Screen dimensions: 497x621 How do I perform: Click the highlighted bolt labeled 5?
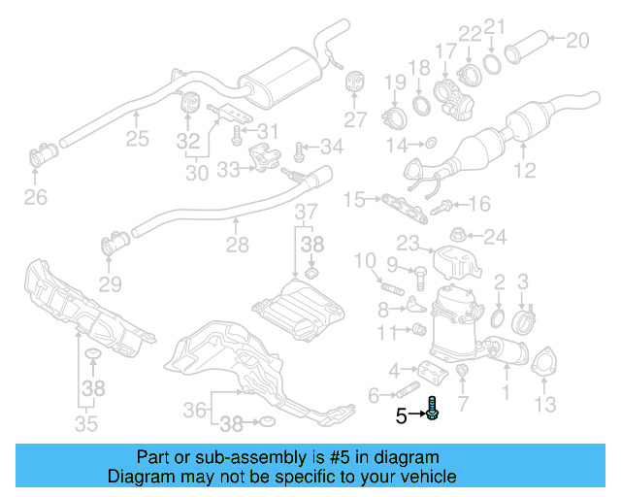pos(432,411)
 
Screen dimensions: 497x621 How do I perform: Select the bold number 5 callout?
pos(401,417)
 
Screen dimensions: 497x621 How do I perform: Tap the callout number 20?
pos(576,41)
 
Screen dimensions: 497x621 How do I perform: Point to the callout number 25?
pos(137,139)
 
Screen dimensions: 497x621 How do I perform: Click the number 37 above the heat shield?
pos(306,212)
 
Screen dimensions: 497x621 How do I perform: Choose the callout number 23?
pos(407,243)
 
